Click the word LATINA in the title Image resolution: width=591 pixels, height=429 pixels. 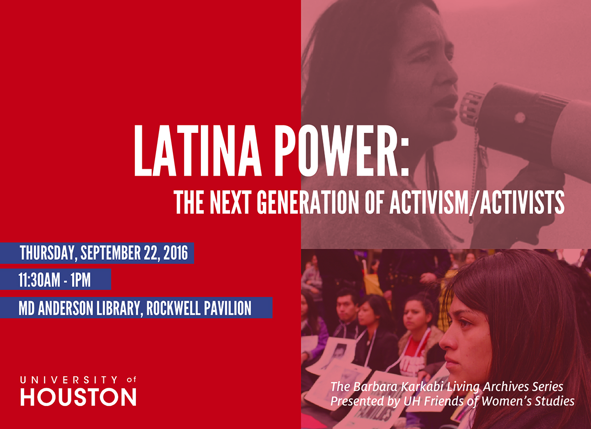coord(198,151)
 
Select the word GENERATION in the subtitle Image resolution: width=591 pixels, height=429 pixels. coord(308,203)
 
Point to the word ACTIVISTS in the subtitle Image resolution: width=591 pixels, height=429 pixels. coord(522,203)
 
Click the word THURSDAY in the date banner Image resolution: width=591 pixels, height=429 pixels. coord(49,253)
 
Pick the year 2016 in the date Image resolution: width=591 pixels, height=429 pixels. coord(176,253)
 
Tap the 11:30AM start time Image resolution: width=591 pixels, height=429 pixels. coord(39,279)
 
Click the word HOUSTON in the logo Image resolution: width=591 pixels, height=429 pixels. coord(78,397)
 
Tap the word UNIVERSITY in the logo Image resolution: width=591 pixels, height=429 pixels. coord(69,380)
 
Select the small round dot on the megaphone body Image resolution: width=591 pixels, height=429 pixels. coord(520,118)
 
